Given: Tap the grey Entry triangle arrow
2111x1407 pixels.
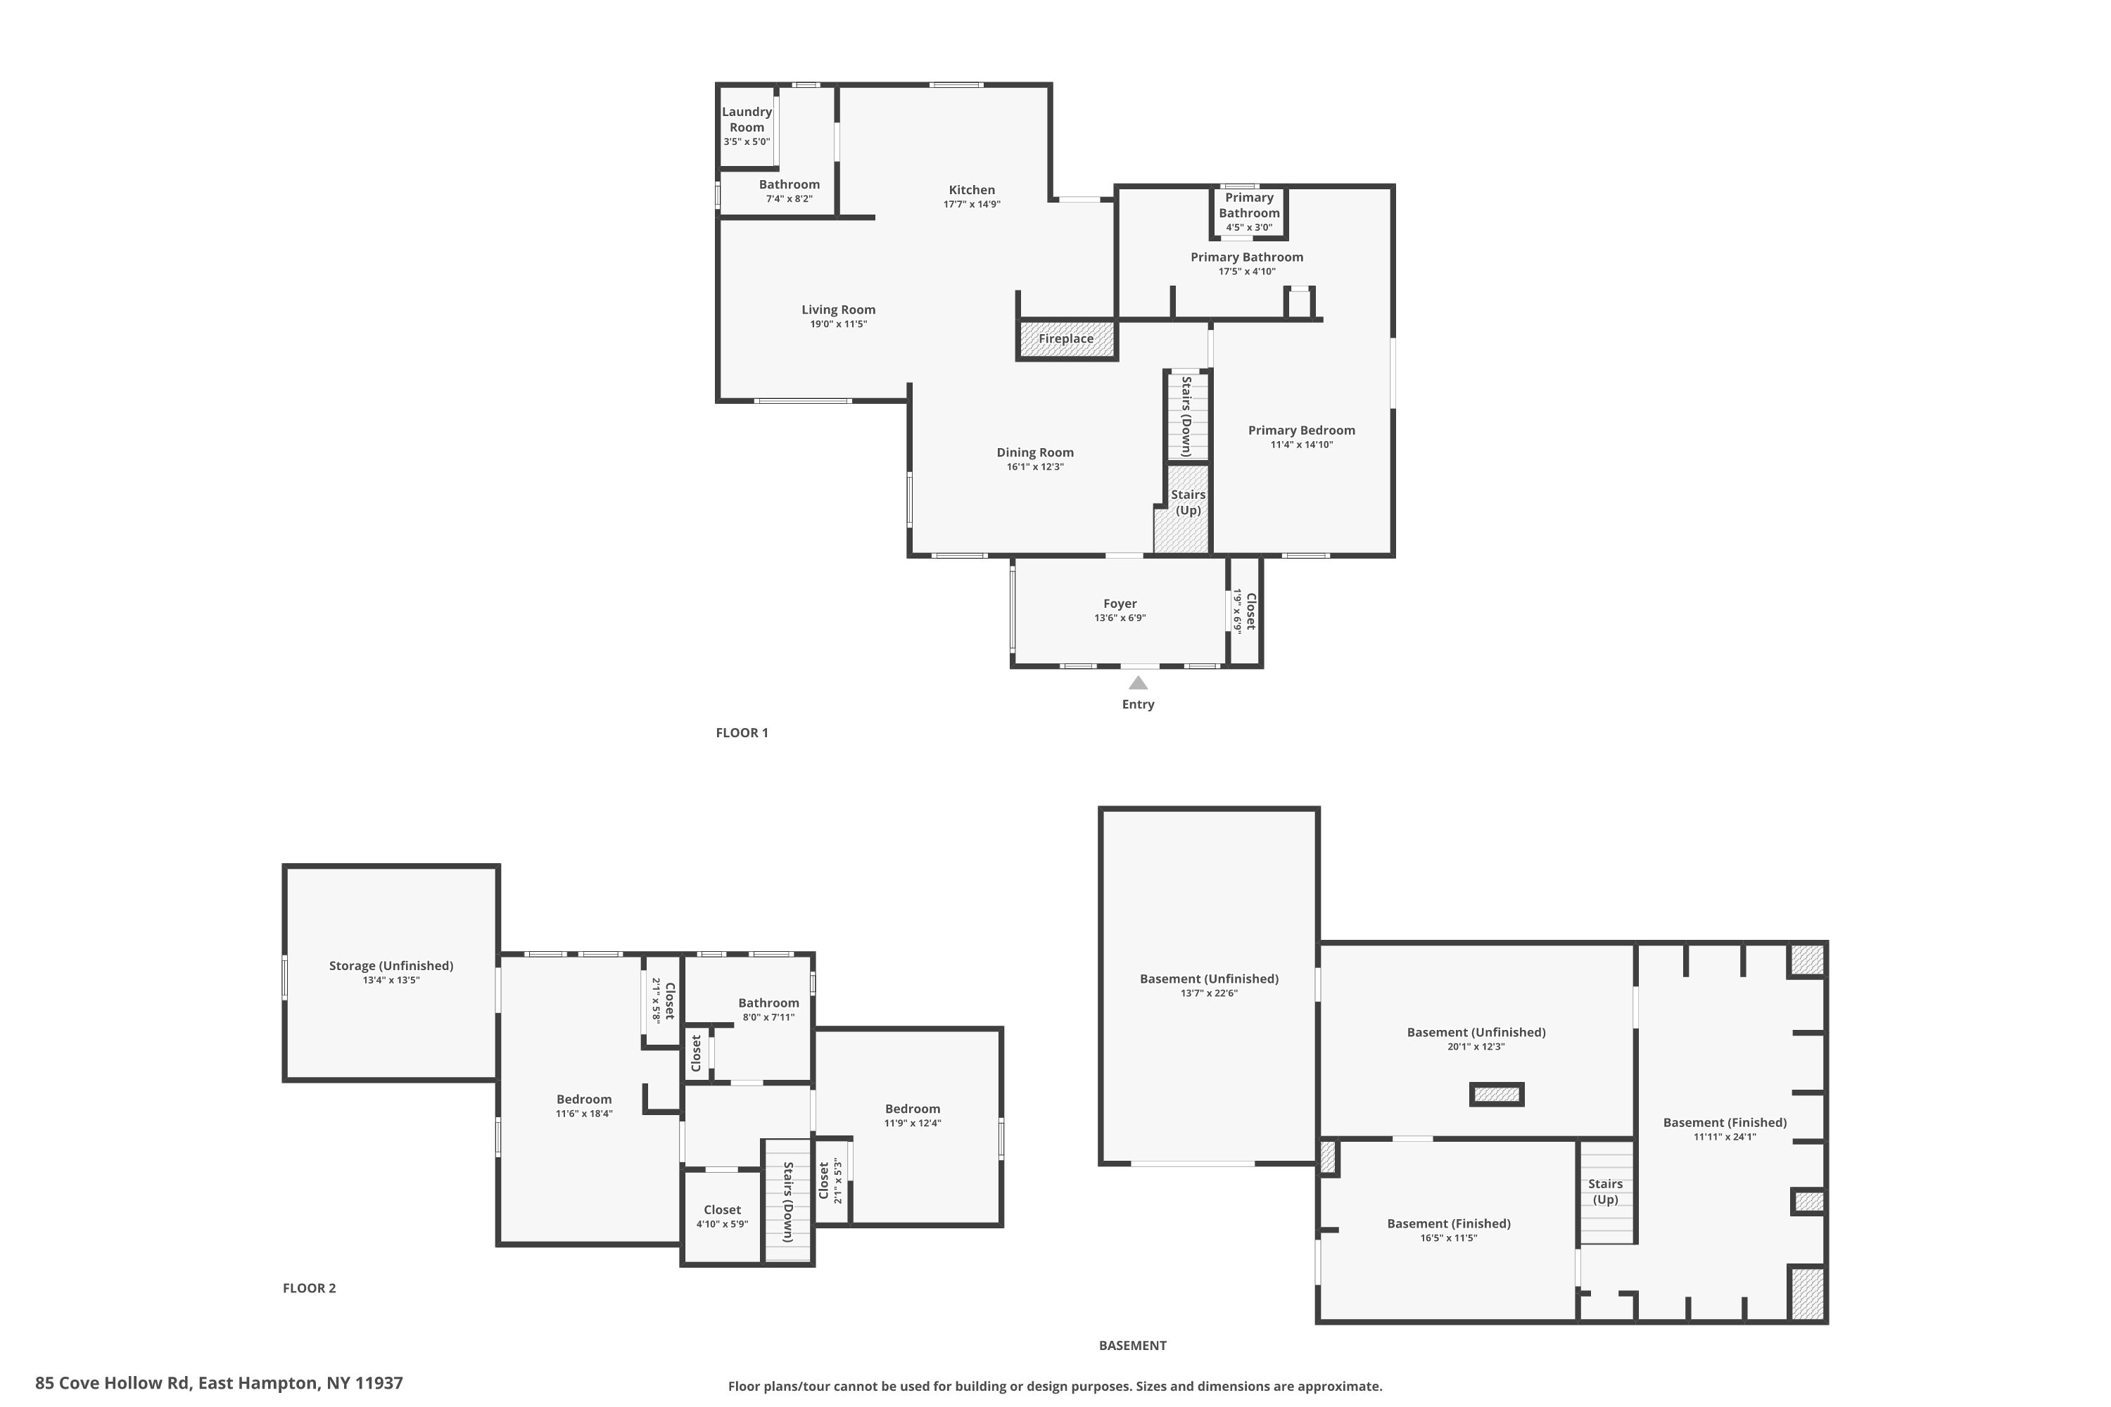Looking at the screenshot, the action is pyautogui.click(x=1138, y=683).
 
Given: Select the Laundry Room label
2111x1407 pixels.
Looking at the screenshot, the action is pyautogui.click(x=747, y=120).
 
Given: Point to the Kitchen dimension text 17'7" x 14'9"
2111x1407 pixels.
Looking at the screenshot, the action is pyautogui.click(x=972, y=205).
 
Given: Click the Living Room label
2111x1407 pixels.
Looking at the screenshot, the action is pyautogui.click(x=838, y=310).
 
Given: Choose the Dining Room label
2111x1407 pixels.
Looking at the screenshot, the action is pyautogui.click(x=1035, y=452).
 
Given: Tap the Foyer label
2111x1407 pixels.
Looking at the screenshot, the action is pyautogui.click(x=1120, y=604).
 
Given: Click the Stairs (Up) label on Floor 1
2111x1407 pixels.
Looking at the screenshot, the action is pyautogui.click(x=1188, y=502).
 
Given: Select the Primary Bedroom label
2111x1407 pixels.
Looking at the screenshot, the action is pyautogui.click(x=1301, y=431).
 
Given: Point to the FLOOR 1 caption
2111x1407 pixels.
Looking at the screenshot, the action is pyautogui.click(x=742, y=733).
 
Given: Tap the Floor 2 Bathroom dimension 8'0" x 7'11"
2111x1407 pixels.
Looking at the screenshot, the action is pyautogui.click(x=768, y=1017).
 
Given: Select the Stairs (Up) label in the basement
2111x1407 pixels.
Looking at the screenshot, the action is pyautogui.click(x=1606, y=1192).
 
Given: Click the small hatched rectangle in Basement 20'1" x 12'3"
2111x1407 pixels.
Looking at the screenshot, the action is pyautogui.click(x=1497, y=1095).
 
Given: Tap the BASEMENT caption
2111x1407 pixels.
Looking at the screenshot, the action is pyautogui.click(x=1133, y=1346).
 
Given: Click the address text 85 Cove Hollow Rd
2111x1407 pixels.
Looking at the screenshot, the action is pyautogui.click(x=113, y=1383).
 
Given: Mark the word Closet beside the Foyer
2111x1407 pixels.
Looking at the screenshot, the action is pyautogui.click(x=1251, y=611).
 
